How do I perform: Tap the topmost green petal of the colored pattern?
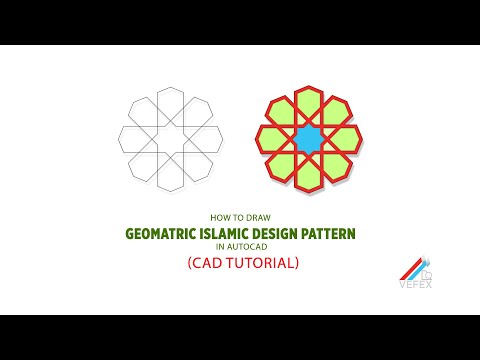coord(309,103)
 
